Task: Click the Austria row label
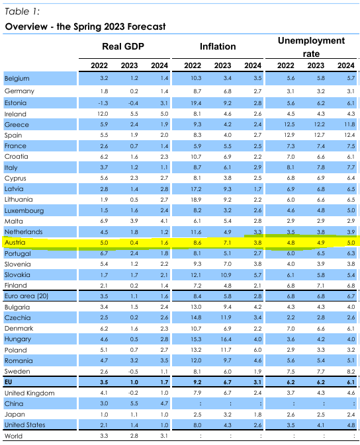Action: pyautogui.click(x=15, y=243)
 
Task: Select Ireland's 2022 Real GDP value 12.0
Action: pyautogui.click(x=103, y=114)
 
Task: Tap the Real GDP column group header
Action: pyautogui.click(x=123, y=46)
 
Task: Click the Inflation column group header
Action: pyautogui.click(x=218, y=46)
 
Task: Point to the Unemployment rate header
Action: pyautogui.click(x=311, y=47)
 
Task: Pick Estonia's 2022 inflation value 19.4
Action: pyautogui.click(x=196, y=103)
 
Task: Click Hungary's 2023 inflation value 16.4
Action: pyautogui.click(x=226, y=339)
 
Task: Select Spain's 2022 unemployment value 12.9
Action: pyautogui.click(x=289, y=135)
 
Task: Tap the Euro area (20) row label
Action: pyautogui.click(x=26, y=296)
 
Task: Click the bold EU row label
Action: pyautogui.click(x=8, y=382)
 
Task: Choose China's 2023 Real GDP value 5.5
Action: pyautogui.click(x=134, y=403)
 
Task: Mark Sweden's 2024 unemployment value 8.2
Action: pyautogui.click(x=351, y=372)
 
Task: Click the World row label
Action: pyautogui.click(x=13, y=436)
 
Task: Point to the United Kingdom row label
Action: pyautogui.click(x=30, y=393)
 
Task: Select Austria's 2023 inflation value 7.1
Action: pyautogui.click(x=227, y=243)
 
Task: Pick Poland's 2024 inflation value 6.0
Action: pyautogui.click(x=257, y=350)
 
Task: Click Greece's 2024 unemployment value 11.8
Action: pyautogui.click(x=349, y=124)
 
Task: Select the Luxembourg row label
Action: pyautogui.click(x=24, y=210)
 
